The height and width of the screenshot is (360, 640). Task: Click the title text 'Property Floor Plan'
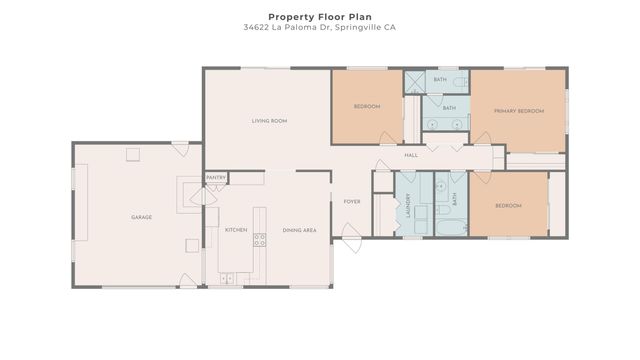point(319,16)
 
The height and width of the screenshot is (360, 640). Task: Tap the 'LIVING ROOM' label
point(269,121)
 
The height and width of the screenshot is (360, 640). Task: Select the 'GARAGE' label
point(141,217)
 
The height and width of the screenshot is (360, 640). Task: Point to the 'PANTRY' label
point(216,178)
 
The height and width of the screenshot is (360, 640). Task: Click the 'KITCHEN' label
point(236,230)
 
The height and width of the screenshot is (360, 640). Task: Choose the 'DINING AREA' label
point(299,230)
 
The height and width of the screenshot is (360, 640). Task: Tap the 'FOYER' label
point(352,201)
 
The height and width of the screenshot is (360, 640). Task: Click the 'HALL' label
point(411,155)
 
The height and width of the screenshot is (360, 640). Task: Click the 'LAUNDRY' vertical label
point(409,204)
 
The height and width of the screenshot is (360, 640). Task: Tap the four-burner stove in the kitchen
point(259,239)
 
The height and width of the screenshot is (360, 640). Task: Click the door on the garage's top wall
point(180,148)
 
